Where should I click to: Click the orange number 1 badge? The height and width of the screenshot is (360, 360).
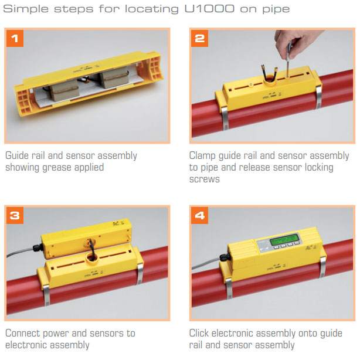pyautogui.click(x=15, y=38)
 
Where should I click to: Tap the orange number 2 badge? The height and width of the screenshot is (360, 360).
pyautogui.click(x=200, y=38)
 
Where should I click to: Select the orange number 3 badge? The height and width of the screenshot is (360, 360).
pyautogui.click(x=15, y=215)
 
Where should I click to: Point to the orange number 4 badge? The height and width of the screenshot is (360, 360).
pyautogui.click(x=200, y=215)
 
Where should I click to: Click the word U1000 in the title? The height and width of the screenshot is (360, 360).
pyautogui.click(x=209, y=9)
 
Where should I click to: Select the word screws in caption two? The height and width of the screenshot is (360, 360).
pyautogui.click(x=205, y=179)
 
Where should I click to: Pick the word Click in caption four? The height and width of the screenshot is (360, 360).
pyautogui.click(x=199, y=333)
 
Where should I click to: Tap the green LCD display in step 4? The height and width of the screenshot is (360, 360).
pyautogui.click(x=284, y=240)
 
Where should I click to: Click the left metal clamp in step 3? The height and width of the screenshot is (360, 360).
pyautogui.click(x=46, y=295)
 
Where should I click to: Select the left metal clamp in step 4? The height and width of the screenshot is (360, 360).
pyautogui.click(x=229, y=288)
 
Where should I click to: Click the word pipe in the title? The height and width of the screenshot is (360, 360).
pyautogui.click(x=276, y=9)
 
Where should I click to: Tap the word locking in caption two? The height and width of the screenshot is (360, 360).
pyautogui.click(x=319, y=168)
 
